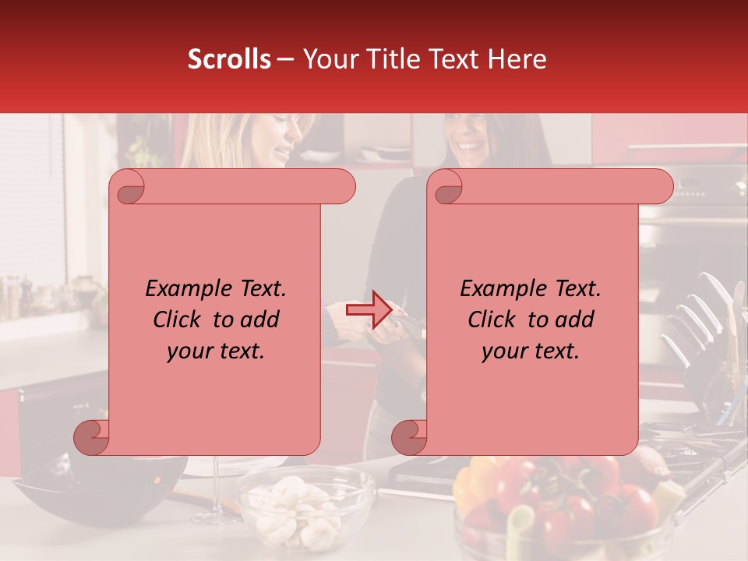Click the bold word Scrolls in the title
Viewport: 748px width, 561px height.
tap(229, 59)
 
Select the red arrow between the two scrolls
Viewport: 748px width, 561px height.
tap(369, 310)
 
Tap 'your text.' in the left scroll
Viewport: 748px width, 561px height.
tap(216, 351)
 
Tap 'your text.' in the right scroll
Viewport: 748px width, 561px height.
tap(531, 351)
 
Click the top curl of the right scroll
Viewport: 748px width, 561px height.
tap(446, 188)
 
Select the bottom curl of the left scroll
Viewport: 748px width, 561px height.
tap(92, 436)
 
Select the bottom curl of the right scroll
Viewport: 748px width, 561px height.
tap(410, 436)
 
